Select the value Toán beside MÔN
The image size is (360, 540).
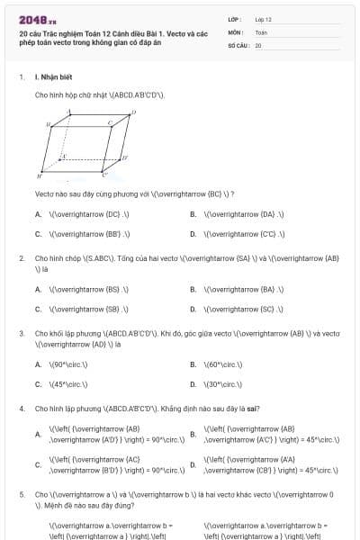[261, 31]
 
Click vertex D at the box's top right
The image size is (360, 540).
[134, 112]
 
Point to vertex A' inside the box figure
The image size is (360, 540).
[63, 155]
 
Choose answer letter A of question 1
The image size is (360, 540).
[38, 214]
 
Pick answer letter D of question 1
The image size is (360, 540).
[193, 234]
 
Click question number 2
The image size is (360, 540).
[22, 258]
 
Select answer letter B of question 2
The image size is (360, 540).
[193, 289]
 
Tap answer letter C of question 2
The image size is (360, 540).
[38, 309]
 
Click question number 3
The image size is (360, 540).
[22, 333]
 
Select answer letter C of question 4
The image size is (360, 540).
[37, 464]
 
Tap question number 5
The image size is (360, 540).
[22, 494]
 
